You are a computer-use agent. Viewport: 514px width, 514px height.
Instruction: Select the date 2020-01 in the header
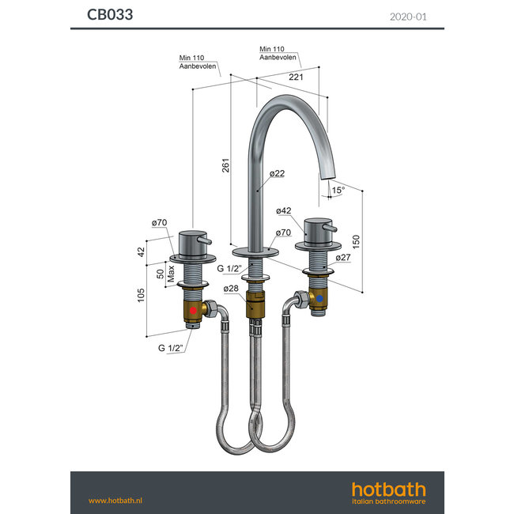(x=408, y=15)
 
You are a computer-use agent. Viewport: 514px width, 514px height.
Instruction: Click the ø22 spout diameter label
(x=277, y=173)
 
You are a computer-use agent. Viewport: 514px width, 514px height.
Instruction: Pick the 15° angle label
(x=338, y=191)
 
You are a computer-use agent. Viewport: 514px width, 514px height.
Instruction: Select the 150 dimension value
(x=357, y=240)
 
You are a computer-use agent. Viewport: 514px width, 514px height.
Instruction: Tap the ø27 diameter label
(x=342, y=257)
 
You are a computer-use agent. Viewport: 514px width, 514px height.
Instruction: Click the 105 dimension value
(x=142, y=295)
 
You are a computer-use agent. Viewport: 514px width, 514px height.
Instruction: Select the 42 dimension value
(x=142, y=251)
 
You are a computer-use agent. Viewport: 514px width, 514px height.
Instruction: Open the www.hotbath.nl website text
(x=114, y=500)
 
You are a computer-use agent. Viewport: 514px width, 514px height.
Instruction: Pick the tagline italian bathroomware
(x=387, y=501)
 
